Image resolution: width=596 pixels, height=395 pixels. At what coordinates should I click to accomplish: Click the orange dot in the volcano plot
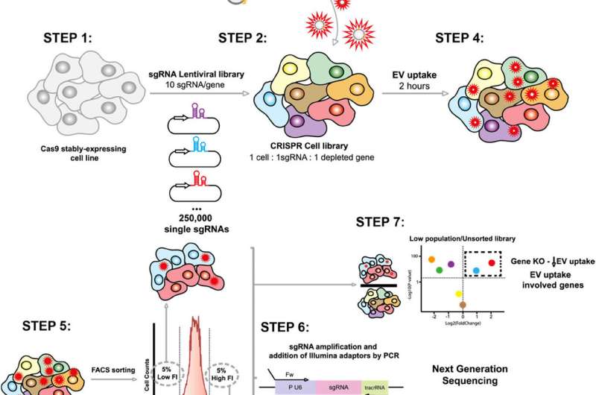pos(431,259)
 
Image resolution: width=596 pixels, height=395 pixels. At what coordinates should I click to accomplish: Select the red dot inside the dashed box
pos(491,262)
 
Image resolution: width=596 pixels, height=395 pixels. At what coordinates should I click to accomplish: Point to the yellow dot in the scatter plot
pos(460,294)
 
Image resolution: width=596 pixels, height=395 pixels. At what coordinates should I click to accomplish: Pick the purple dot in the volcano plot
pos(451,264)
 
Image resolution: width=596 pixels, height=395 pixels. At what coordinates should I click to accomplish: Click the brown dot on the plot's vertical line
pos(463,304)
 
